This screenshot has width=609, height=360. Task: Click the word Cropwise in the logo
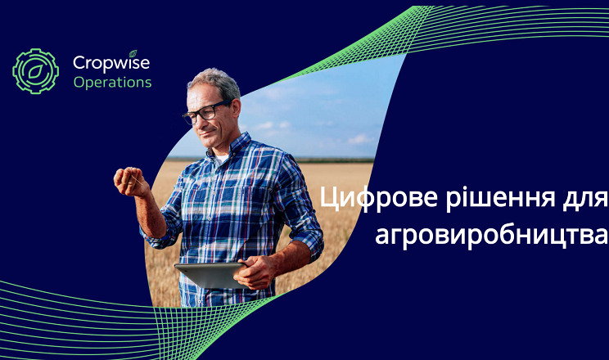tap(111, 63)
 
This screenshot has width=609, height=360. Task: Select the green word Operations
tap(112, 83)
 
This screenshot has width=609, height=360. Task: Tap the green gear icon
tap(35, 71)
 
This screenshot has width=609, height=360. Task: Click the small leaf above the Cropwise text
tap(133, 54)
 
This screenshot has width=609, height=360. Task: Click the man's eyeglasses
tap(205, 112)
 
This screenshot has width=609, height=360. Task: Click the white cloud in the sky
tap(360, 138)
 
